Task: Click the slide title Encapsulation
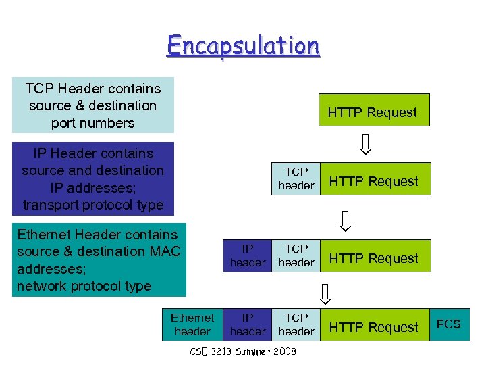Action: coord(243,46)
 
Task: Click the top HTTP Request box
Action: coord(372,112)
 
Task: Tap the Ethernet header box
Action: coord(192,324)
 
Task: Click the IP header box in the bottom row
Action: coord(248,324)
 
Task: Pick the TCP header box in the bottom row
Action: coord(296,324)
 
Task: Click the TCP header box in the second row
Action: coord(296,178)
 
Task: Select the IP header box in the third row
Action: coord(248,255)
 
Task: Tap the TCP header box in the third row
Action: coord(296,255)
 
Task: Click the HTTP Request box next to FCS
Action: coord(374,327)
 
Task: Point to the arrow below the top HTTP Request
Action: coord(365,144)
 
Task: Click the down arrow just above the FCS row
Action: coord(325,293)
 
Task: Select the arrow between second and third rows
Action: coord(345,220)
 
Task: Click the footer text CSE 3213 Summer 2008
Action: coord(243,351)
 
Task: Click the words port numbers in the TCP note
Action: coord(92,123)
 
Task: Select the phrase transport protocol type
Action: coord(93,204)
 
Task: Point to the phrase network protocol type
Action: coord(84,286)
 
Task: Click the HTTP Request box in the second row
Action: coord(374,181)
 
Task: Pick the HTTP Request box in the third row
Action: coord(374,258)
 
